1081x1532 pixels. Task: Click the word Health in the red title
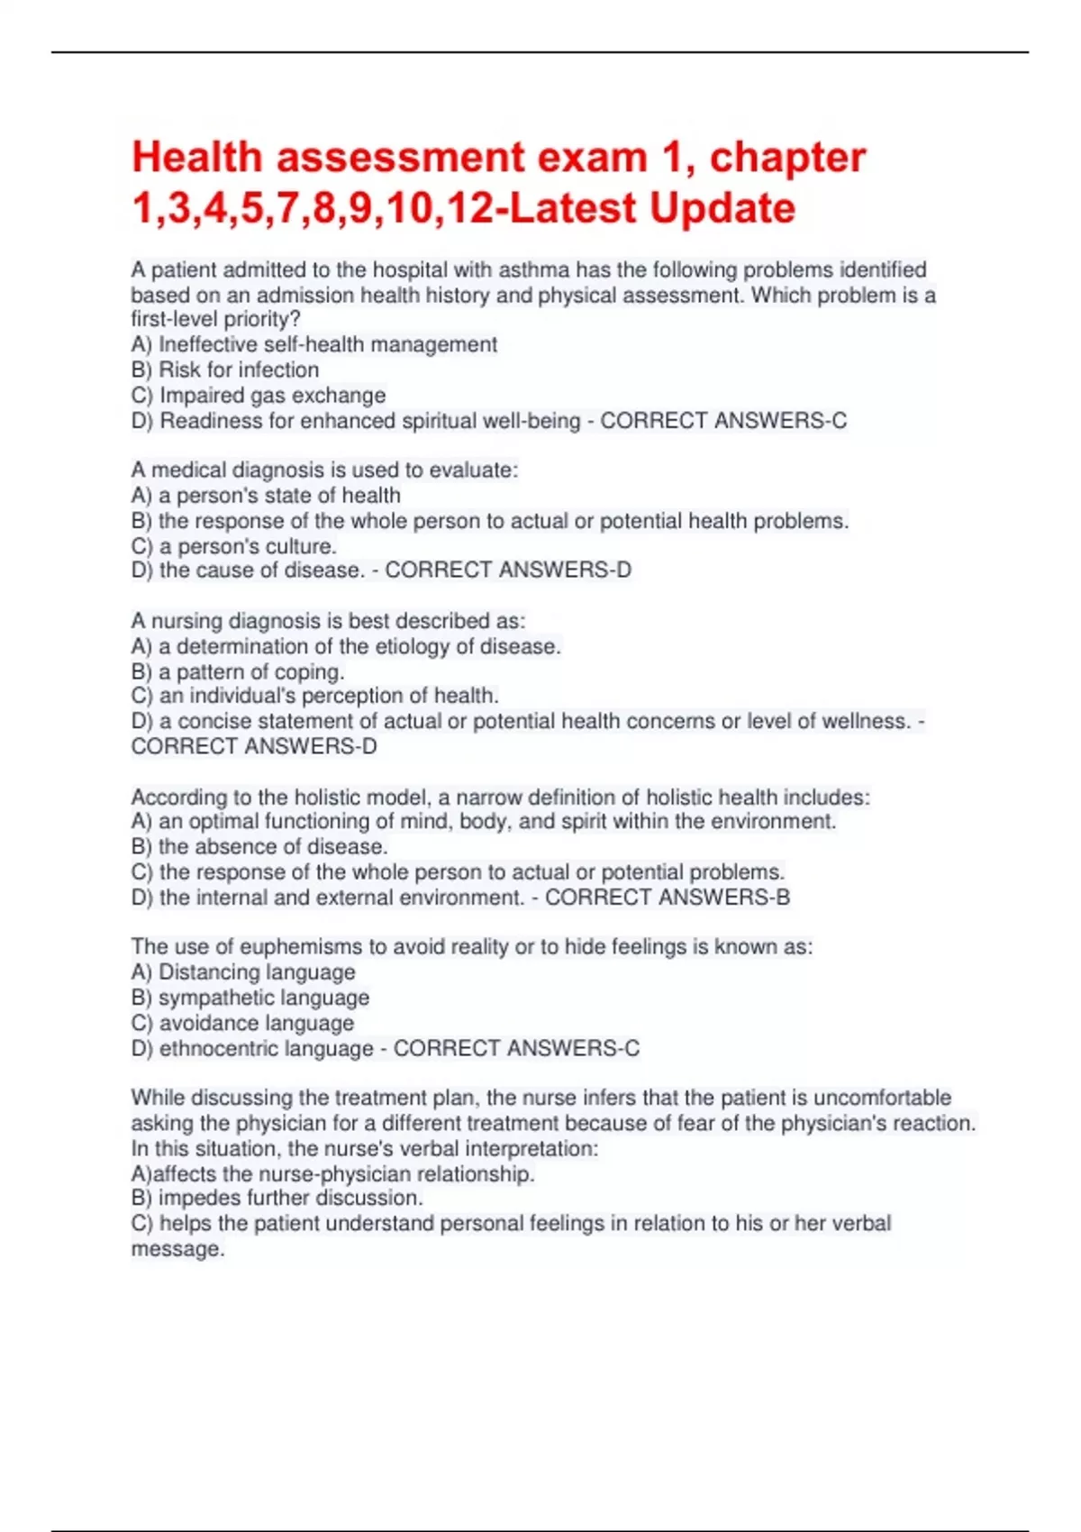click(x=196, y=158)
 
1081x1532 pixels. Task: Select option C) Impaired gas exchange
click(x=259, y=396)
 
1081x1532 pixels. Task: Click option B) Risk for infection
click(x=225, y=370)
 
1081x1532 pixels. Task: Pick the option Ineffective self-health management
click(x=313, y=345)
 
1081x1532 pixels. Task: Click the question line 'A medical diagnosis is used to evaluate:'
click(x=324, y=470)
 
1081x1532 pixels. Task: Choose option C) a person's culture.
click(x=234, y=546)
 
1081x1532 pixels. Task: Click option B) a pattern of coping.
click(x=238, y=671)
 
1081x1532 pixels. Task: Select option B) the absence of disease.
click(x=259, y=847)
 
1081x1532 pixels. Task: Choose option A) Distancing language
click(x=243, y=972)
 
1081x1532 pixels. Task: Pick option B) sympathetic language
click(x=250, y=998)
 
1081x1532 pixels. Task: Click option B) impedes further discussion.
click(x=277, y=1199)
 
